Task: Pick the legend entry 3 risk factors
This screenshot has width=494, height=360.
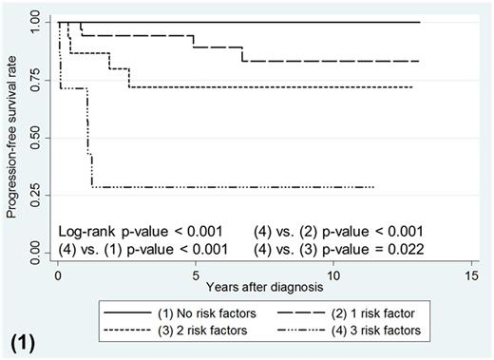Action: [375, 332]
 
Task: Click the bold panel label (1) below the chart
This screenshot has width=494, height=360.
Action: [24, 338]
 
